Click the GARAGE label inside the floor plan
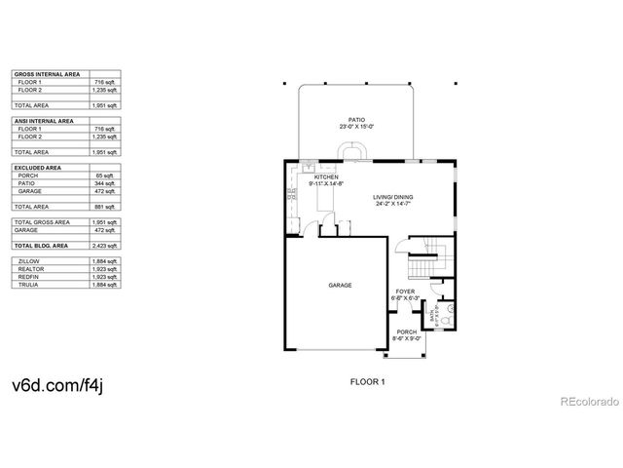[340, 286]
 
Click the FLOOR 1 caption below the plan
[368, 382]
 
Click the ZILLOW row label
[28, 261]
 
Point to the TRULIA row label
[28, 285]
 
